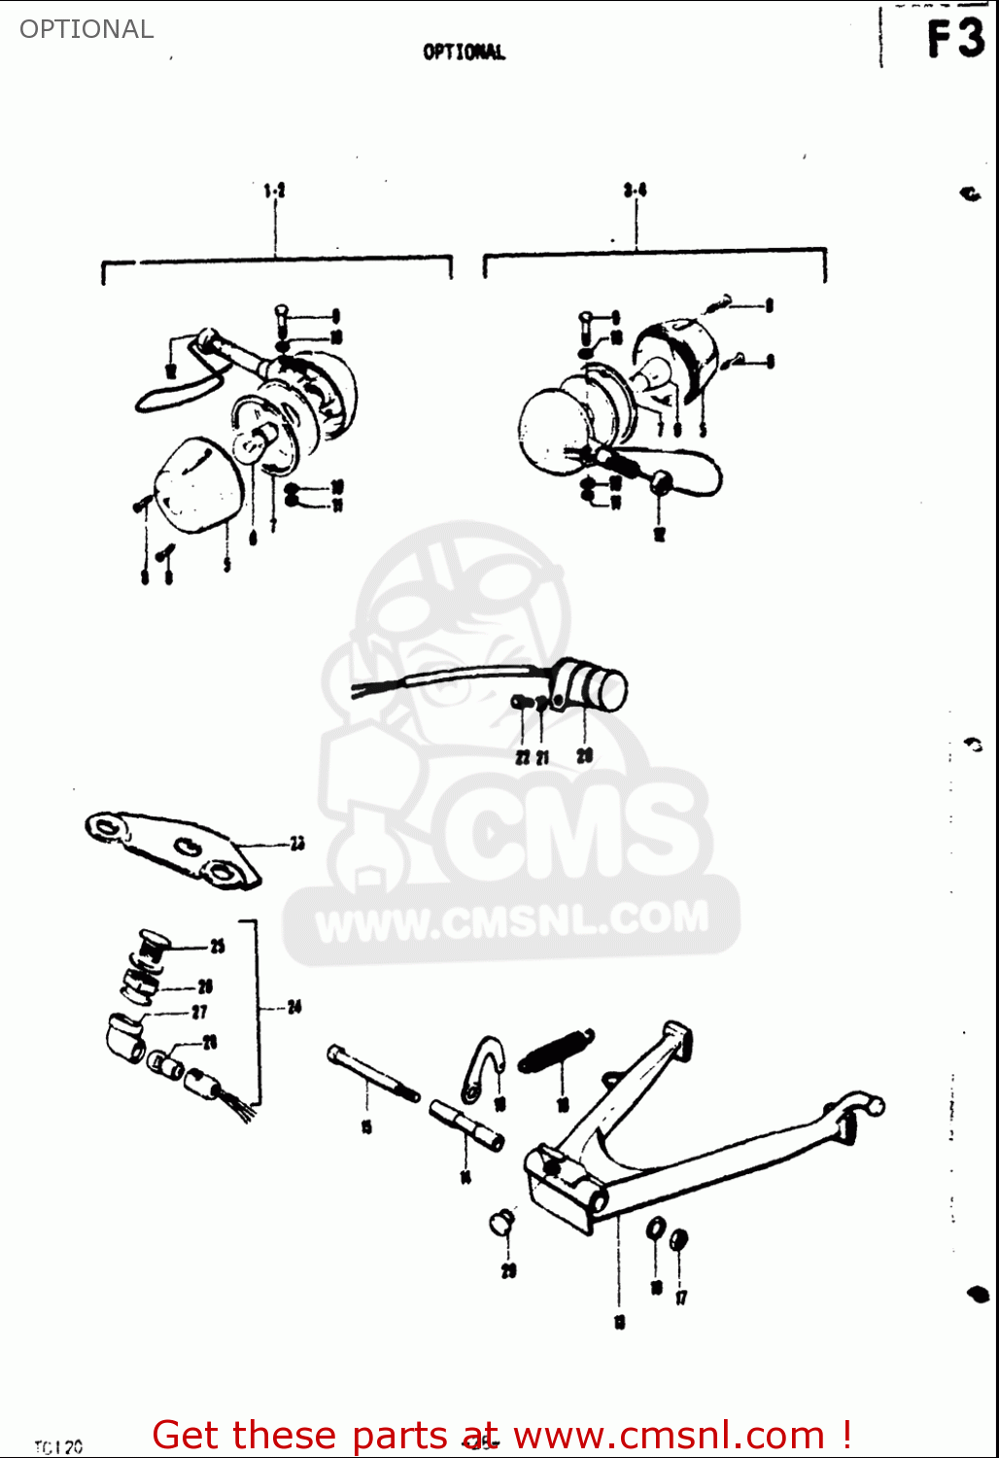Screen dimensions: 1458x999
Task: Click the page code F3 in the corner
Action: point(955,40)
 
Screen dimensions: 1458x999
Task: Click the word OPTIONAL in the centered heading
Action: point(464,52)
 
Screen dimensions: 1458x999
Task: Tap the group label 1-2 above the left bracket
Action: point(274,191)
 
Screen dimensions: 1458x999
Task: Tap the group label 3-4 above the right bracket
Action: point(636,190)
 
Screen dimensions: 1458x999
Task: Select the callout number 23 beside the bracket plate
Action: point(296,843)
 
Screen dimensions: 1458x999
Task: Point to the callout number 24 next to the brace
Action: point(293,1007)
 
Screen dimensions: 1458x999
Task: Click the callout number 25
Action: point(217,946)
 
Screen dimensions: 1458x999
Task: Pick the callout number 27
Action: point(199,1012)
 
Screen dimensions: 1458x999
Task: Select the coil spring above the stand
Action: point(556,1050)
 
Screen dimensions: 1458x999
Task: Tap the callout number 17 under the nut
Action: point(681,1297)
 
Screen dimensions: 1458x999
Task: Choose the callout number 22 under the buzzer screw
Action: point(522,757)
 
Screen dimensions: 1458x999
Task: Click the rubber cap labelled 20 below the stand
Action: point(501,1222)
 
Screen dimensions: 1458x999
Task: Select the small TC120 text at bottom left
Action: point(58,1447)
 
